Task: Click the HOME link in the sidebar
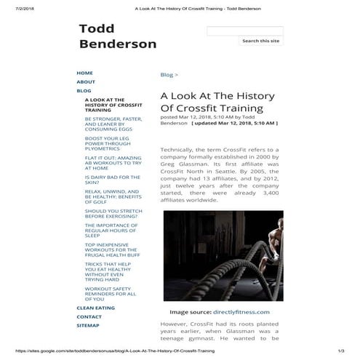click(x=84, y=73)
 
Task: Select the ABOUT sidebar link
click(x=86, y=82)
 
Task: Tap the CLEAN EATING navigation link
click(x=95, y=308)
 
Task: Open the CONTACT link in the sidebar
click(x=89, y=317)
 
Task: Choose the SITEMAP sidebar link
click(x=88, y=326)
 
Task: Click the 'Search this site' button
click(x=260, y=41)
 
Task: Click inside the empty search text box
click(x=244, y=31)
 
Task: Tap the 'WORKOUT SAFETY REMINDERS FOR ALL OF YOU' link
click(x=110, y=293)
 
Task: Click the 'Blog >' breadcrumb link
click(x=169, y=75)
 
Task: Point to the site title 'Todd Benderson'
click(x=117, y=36)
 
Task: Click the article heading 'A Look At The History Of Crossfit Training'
click(x=207, y=102)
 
